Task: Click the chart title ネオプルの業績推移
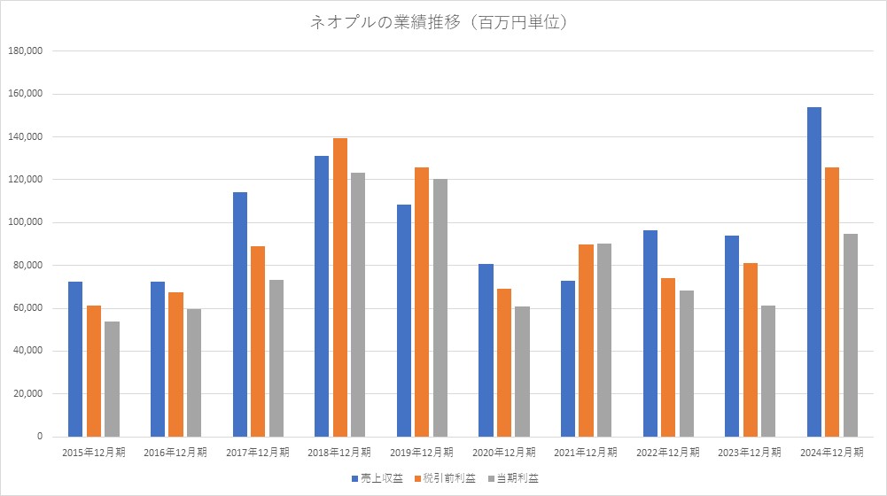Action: pyautogui.click(x=438, y=23)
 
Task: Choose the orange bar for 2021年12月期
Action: pyautogui.click(x=586, y=340)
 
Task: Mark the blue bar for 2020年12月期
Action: pyautogui.click(x=486, y=350)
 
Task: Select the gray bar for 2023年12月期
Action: pyautogui.click(x=767, y=371)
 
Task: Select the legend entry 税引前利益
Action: pyautogui.click(x=449, y=478)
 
